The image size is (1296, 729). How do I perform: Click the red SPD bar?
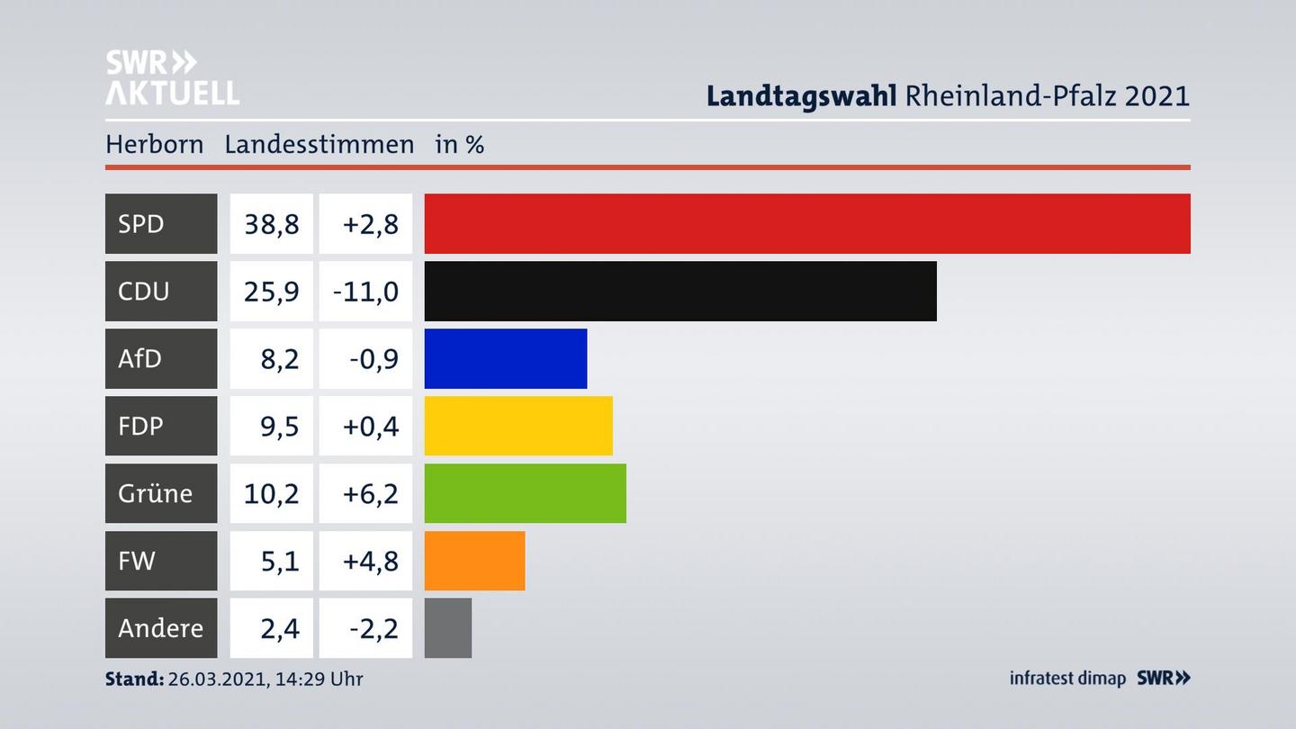807,223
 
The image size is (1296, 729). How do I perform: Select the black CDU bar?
680,291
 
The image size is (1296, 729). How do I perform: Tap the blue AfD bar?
506,358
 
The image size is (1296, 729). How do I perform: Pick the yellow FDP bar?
518,426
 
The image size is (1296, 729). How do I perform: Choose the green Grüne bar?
526,493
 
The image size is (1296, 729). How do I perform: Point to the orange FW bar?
474,561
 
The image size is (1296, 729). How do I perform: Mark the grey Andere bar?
448,628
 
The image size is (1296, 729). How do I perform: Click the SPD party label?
141,223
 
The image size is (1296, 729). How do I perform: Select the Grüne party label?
155,493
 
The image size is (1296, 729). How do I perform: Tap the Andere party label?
160,628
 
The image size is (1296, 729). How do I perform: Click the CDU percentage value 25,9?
272,291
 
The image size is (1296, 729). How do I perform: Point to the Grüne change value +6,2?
370,493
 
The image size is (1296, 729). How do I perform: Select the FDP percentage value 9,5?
279,426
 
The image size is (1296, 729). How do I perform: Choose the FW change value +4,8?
370,561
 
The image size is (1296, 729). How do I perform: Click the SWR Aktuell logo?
171,77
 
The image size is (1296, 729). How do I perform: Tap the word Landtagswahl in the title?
800,95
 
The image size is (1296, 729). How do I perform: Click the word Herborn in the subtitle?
154,144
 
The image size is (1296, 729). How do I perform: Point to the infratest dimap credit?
1067,678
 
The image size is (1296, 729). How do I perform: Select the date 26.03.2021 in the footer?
216,679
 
